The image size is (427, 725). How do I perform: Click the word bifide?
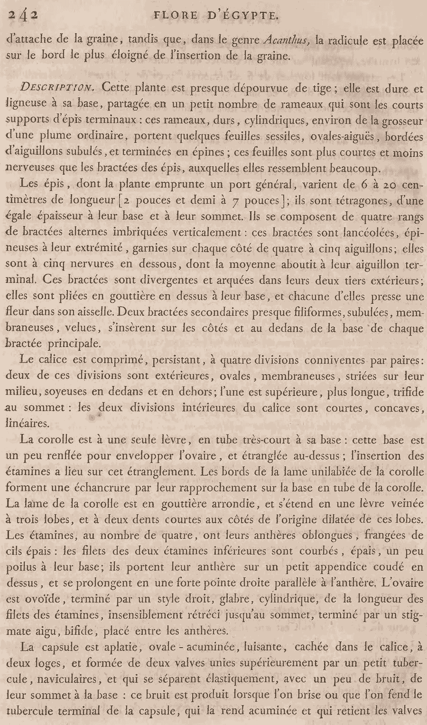point(83,631)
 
